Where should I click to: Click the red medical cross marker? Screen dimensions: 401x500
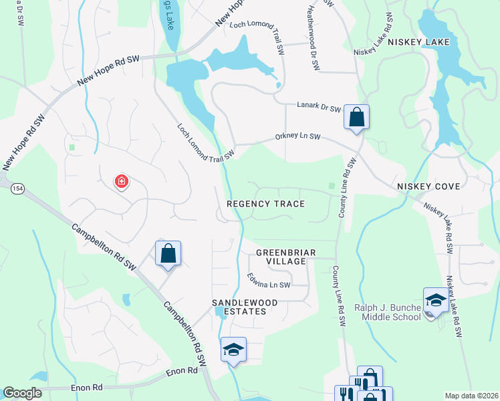click(x=122, y=180)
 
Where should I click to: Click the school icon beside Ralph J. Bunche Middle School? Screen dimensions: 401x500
click(x=435, y=300)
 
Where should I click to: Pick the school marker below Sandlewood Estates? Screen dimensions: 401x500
click(x=233, y=350)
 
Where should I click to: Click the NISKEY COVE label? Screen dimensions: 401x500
click(x=428, y=186)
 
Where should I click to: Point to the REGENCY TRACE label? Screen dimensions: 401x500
click(x=265, y=204)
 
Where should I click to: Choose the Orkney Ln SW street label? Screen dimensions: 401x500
click(x=298, y=137)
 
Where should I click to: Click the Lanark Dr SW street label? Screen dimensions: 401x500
click(x=319, y=106)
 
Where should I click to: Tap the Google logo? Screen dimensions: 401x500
click(x=22, y=393)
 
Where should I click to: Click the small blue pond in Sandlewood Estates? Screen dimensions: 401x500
click(x=220, y=311)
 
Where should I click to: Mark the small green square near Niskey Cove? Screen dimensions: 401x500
click(x=332, y=186)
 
